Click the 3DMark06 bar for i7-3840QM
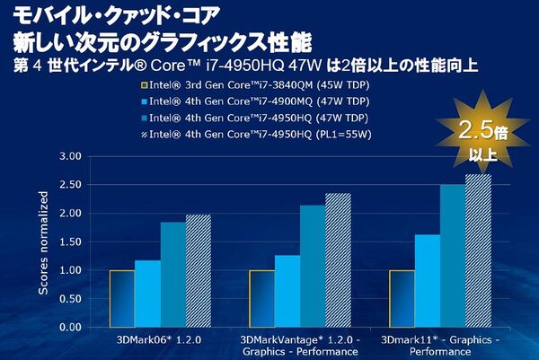(122, 298)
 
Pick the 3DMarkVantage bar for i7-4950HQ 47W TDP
(313, 266)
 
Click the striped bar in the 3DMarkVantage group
(339, 260)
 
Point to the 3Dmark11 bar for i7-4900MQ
(428, 281)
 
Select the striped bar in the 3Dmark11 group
(478, 250)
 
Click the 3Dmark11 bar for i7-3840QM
(402, 298)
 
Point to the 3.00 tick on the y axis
(70, 156)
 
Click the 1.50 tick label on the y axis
(70, 241)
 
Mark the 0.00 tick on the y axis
(70, 327)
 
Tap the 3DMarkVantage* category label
(299, 340)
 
